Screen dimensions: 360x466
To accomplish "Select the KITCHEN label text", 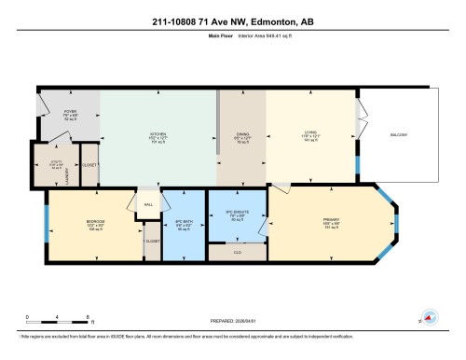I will coord(158,133).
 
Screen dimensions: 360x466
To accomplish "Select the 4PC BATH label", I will coord(184,222).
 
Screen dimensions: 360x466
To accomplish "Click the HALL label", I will coord(147,201).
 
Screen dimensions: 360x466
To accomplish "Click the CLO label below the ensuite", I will coord(237,250).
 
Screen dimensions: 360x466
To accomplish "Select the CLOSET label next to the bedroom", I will coord(152,241).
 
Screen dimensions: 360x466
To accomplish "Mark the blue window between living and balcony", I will coord(359,164).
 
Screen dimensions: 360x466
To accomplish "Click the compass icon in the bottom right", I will coord(428,317).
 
